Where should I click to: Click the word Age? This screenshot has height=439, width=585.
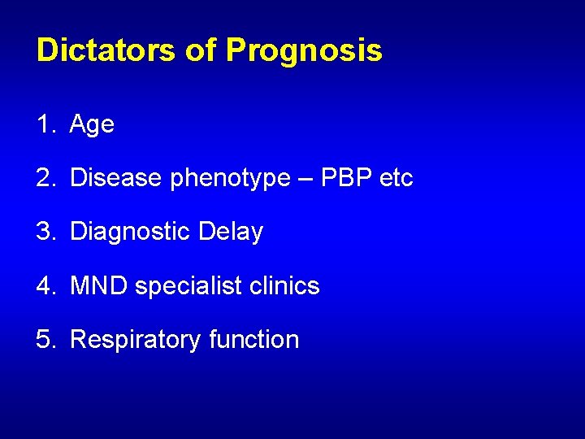pyautogui.click(x=92, y=125)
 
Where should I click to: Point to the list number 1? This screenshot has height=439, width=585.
pyautogui.click(x=44, y=124)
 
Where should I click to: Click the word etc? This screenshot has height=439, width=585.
pyautogui.click(x=396, y=178)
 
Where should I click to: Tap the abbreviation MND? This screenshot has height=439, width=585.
pyautogui.click(x=99, y=285)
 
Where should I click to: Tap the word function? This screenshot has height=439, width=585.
pyautogui.click(x=253, y=339)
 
